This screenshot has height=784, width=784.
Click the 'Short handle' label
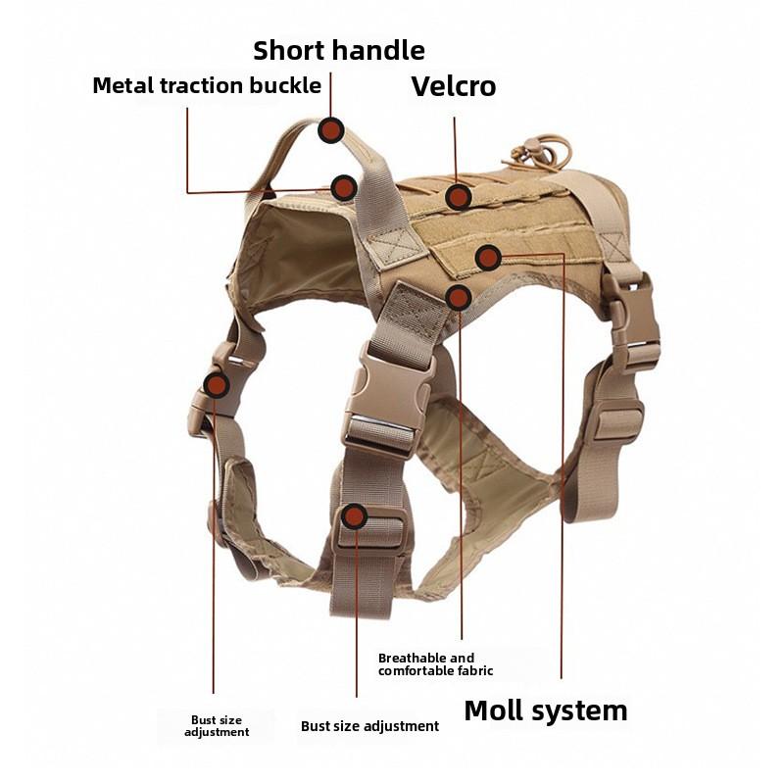click(x=339, y=50)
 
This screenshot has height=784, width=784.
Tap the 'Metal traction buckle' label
click(x=207, y=85)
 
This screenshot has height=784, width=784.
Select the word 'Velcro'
click(x=453, y=86)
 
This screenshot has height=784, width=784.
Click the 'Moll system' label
click(x=545, y=710)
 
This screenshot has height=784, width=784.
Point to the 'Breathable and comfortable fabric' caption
click(x=435, y=664)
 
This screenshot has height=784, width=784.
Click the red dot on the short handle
click(x=331, y=129)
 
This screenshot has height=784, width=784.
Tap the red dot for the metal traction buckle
click(x=343, y=187)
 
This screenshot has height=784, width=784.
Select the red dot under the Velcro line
click(x=458, y=197)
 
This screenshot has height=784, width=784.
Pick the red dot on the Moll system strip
click(x=488, y=258)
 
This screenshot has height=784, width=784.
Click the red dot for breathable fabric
click(x=458, y=297)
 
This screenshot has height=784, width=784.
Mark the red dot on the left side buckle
click(x=216, y=385)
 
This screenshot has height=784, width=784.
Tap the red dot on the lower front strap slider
click(x=355, y=516)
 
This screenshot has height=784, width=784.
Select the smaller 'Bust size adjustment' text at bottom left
click(x=217, y=726)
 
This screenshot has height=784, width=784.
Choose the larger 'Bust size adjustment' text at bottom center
click(x=369, y=726)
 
